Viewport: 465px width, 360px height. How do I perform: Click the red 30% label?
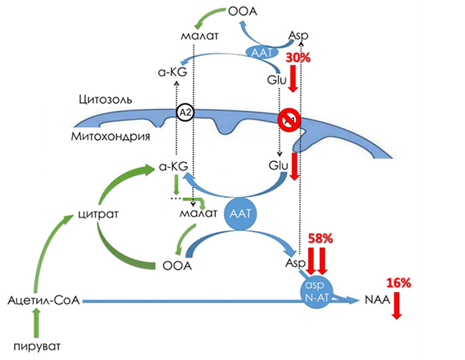click(298, 59)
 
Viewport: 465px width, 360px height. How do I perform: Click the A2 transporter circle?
click(185, 114)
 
